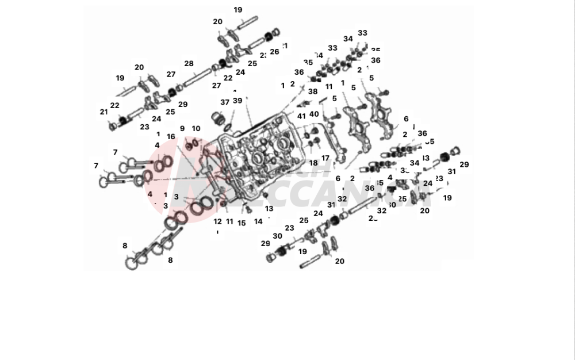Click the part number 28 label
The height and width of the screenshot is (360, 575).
pyautogui.click(x=189, y=63)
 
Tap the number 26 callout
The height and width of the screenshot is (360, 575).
pyautogui.click(x=274, y=52)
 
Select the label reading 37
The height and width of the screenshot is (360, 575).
pyautogui.click(x=224, y=102)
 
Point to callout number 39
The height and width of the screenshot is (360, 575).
pyautogui.click(x=237, y=101)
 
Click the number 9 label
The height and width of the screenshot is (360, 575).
pyautogui.click(x=182, y=128)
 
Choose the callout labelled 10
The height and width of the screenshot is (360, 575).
pyautogui.click(x=196, y=128)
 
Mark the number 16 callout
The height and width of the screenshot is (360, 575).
pyautogui.click(x=171, y=136)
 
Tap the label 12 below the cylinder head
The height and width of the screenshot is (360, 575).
pyautogui.click(x=217, y=221)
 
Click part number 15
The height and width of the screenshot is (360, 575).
pyautogui.click(x=241, y=223)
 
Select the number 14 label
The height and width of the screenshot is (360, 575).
pyautogui.click(x=258, y=221)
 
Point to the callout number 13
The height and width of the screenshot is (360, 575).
pyautogui.click(x=269, y=208)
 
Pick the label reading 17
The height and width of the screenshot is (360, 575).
pyautogui.click(x=325, y=158)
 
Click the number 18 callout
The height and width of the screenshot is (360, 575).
pyautogui.click(x=313, y=163)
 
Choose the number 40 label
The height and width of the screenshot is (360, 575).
pyautogui.click(x=315, y=114)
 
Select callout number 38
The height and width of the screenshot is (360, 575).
pyautogui.click(x=312, y=91)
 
